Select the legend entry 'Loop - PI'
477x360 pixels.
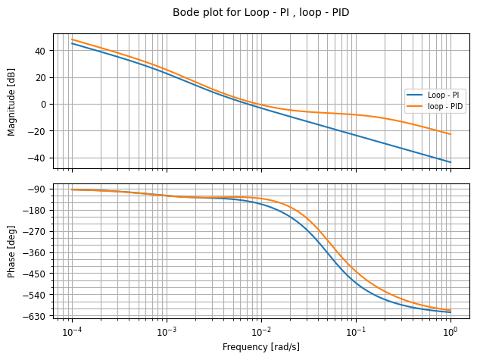[x=444, y=95]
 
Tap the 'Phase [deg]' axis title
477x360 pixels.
[x=11, y=252]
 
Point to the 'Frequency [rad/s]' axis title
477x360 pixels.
[x=260, y=346]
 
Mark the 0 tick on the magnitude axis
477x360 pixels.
[x=42, y=104]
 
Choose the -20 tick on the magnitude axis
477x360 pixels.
[x=37, y=131]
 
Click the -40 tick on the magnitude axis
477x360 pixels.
[x=37, y=158]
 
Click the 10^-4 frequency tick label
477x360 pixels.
[x=72, y=332]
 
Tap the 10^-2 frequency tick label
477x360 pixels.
[x=261, y=332]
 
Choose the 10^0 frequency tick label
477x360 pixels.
[x=450, y=332]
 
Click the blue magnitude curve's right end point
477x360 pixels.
[x=450, y=162]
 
